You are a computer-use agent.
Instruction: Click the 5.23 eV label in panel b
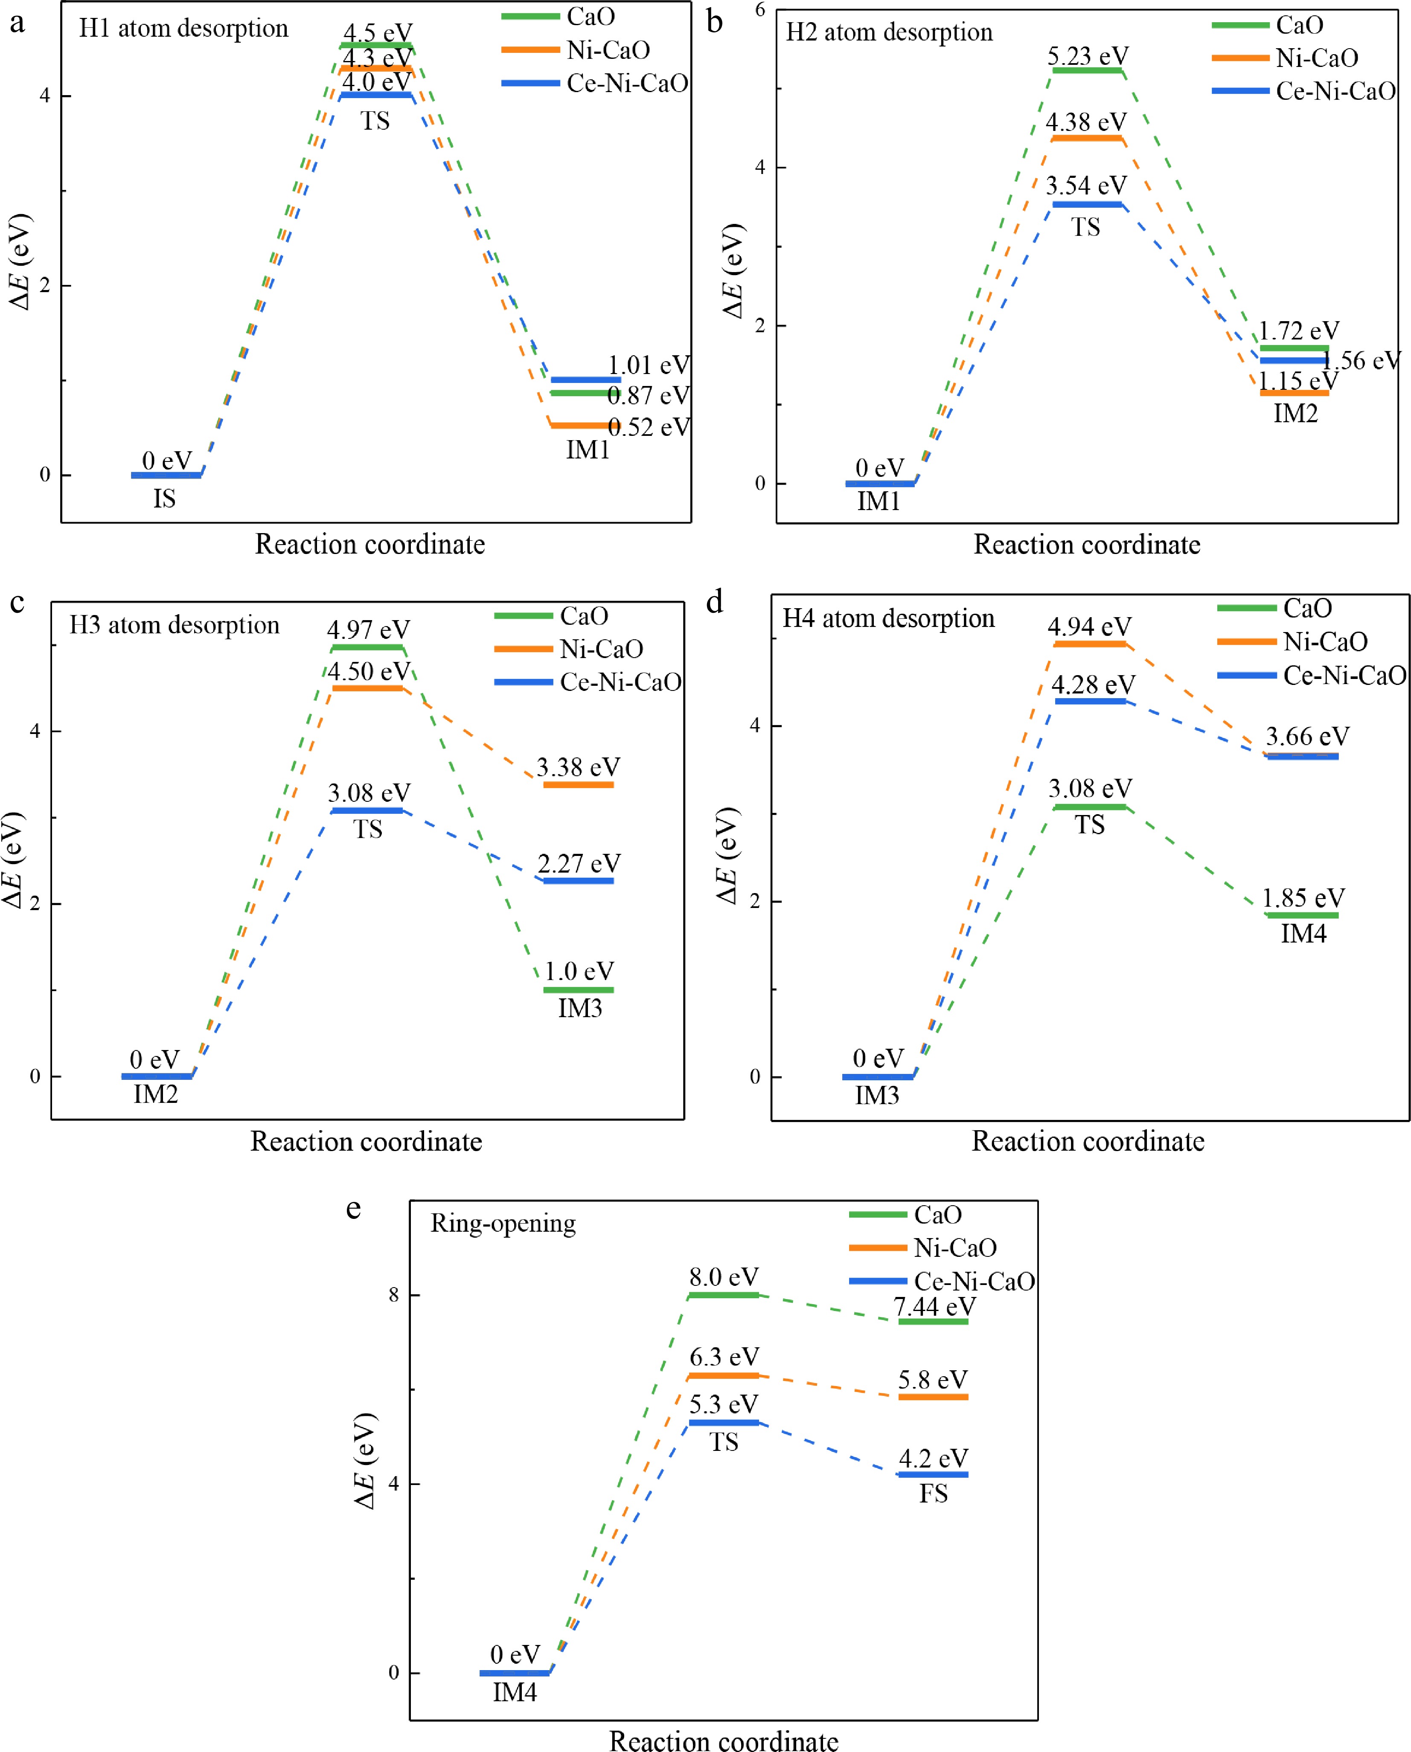(x=1088, y=56)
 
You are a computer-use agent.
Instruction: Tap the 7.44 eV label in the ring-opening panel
(x=934, y=1307)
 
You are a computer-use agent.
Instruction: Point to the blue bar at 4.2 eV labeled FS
(x=933, y=1474)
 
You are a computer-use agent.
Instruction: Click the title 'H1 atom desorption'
(x=184, y=29)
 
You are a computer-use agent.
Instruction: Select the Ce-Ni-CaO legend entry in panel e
(x=942, y=1282)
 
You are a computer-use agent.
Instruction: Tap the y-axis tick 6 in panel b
(x=760, y=10)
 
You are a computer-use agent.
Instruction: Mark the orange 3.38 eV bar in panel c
(x=578, y=784)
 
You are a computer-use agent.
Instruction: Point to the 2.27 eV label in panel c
(x=579, y=863)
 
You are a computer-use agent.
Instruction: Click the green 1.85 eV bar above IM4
(x=1302, y=915)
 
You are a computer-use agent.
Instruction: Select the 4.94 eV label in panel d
(x=1089, y=627)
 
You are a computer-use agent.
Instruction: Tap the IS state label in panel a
(x=164, y=498)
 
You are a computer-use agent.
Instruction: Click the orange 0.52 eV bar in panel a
(x=585, y=425)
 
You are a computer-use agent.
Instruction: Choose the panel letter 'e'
(x=354, y=1209)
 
